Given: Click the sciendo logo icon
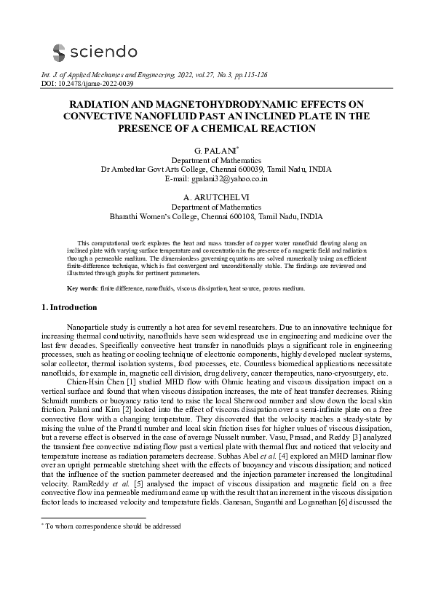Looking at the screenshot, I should [x=59, y=51].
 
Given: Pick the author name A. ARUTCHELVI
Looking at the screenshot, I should [x=216, y=197].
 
